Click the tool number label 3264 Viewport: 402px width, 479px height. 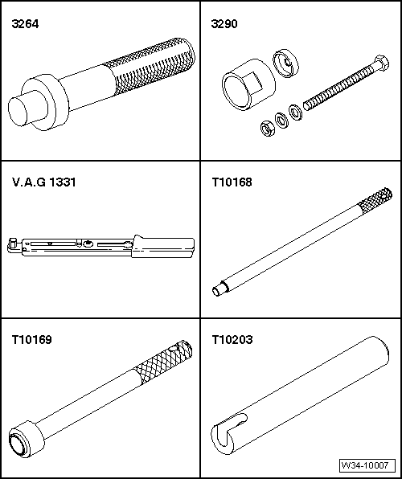(25, 24)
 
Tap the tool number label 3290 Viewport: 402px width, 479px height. (224, 24)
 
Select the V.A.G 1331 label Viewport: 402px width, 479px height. (44, 182)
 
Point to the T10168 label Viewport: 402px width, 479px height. (232, 182)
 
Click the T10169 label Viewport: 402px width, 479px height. (32, 339)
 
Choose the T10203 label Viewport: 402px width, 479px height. (232, 339)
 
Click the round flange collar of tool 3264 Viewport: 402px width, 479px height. (46, 102)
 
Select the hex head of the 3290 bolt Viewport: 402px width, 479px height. (381, 63)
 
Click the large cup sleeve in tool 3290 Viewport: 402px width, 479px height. (248, 85)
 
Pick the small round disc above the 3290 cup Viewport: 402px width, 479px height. (286, 63)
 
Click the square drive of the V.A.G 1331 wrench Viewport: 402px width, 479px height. (13, 244)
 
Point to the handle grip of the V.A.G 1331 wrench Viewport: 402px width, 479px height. (163, 247)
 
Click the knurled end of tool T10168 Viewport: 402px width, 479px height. (375, 200)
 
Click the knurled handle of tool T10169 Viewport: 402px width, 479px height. (163, 361)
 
